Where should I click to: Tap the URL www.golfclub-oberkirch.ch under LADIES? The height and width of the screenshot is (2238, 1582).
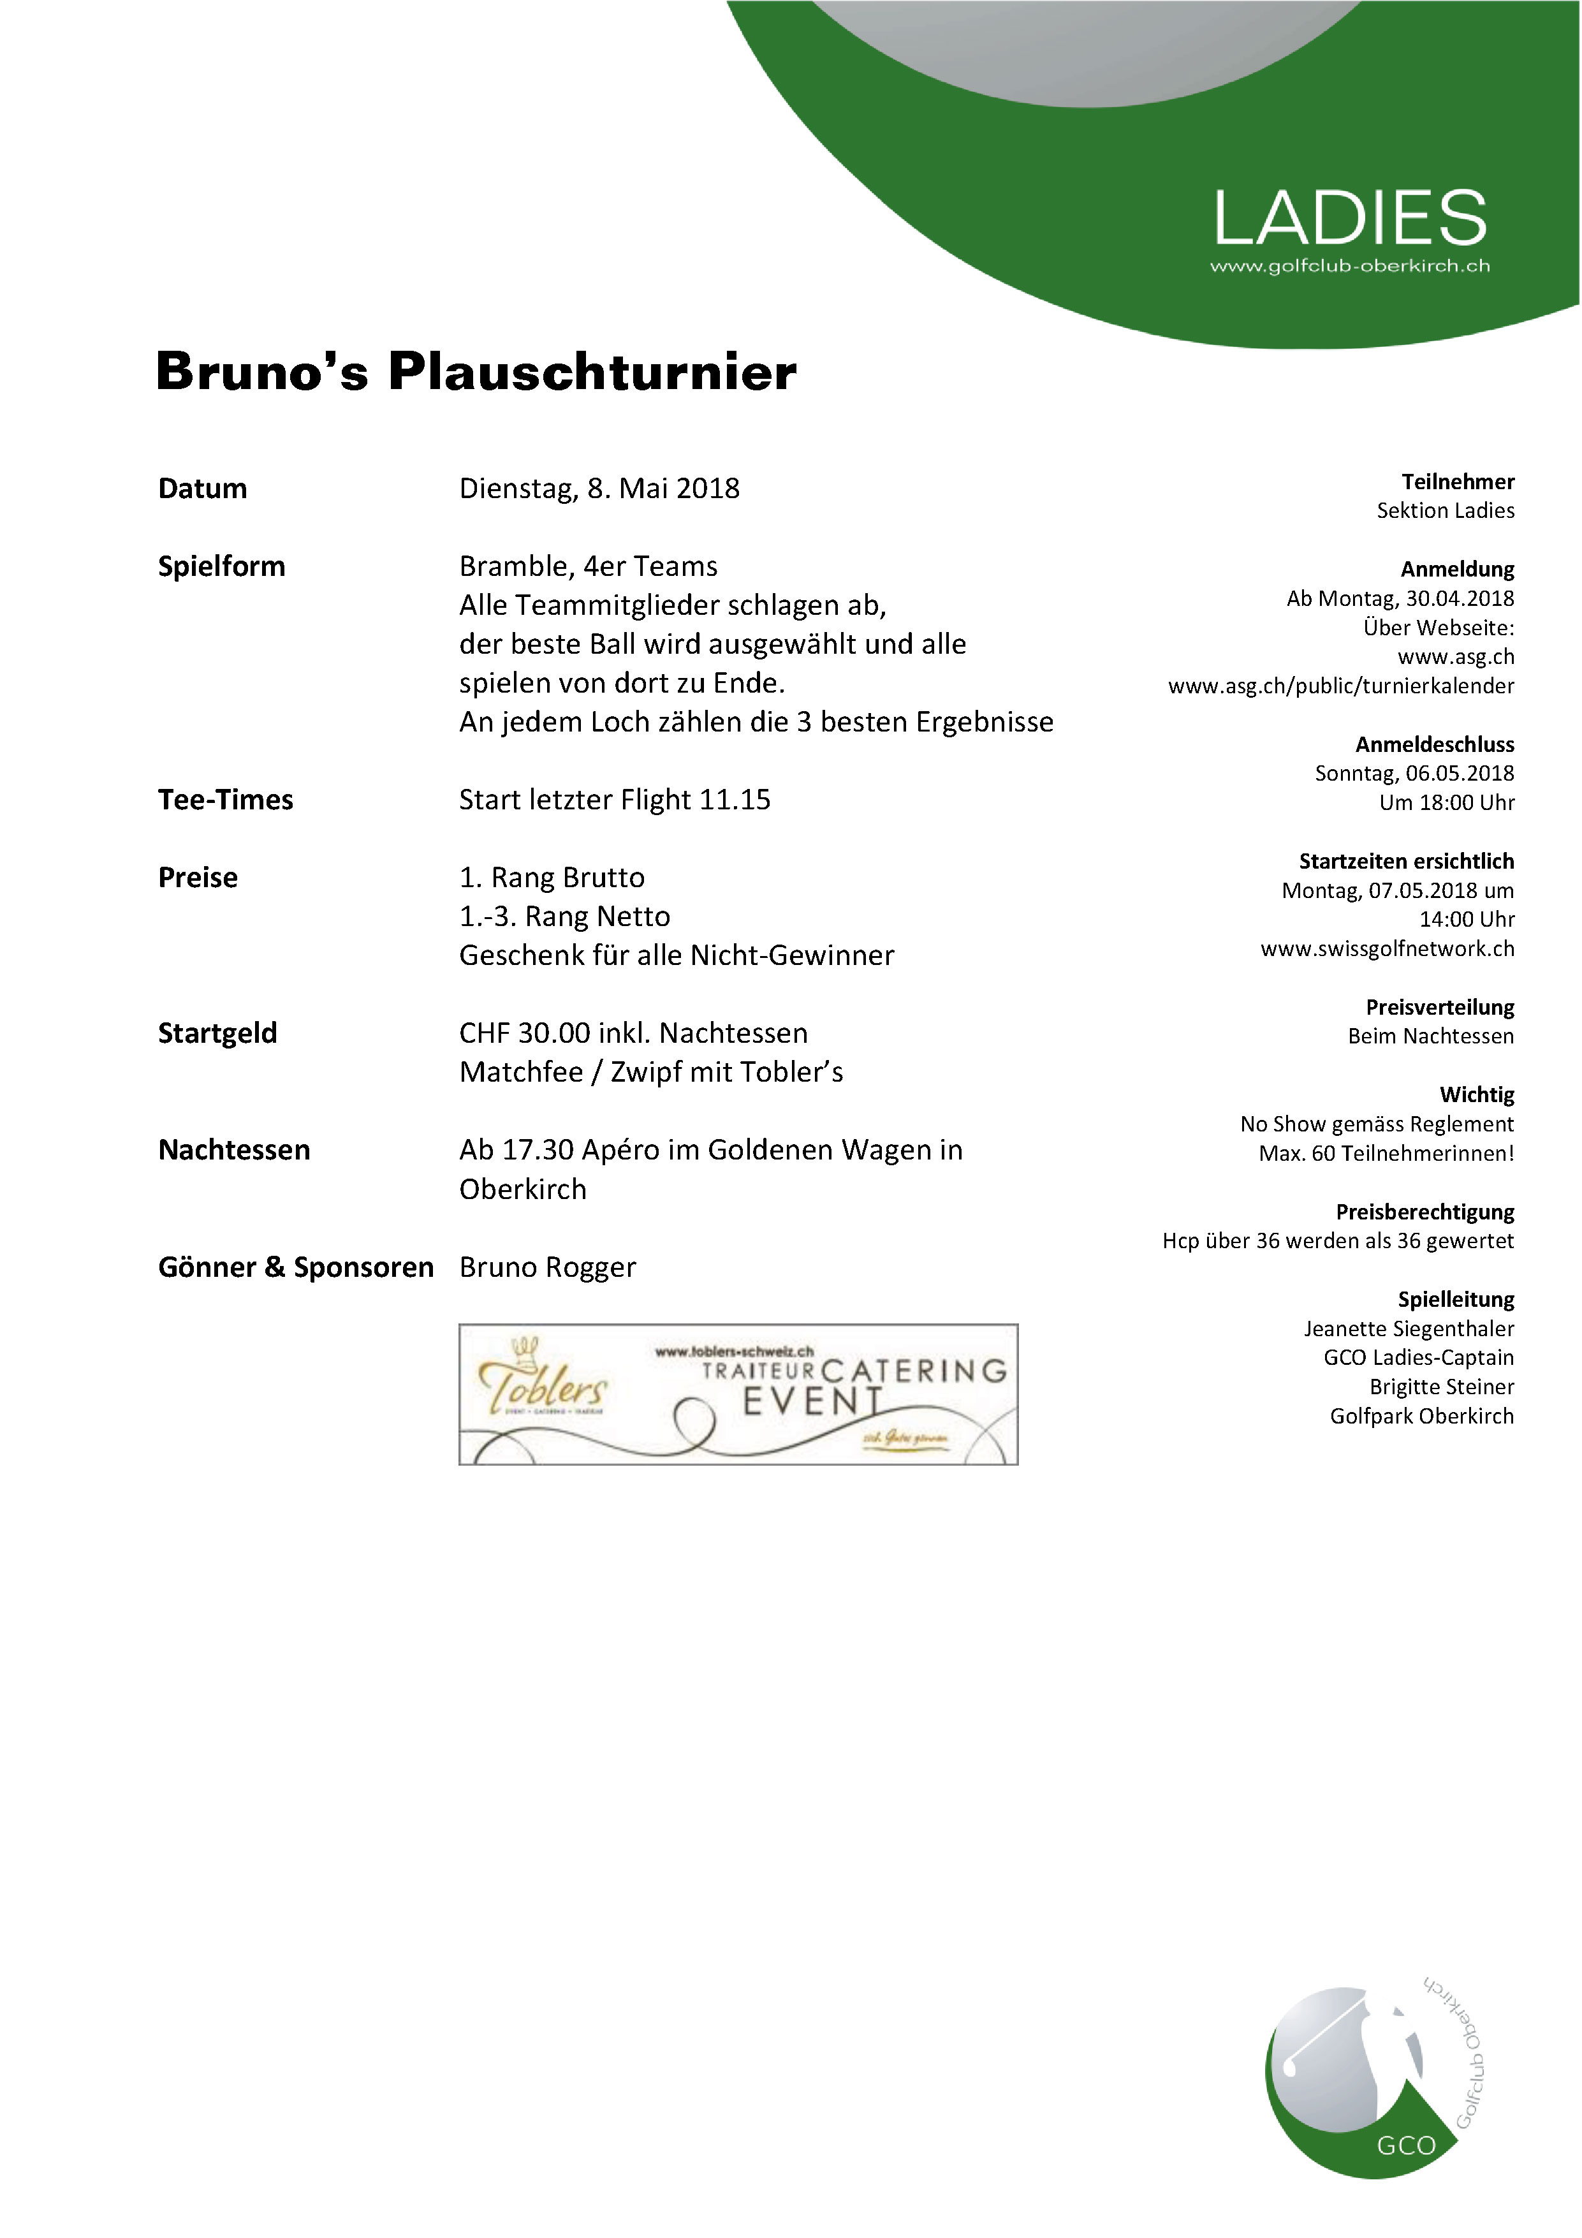click(x=1349, y=265)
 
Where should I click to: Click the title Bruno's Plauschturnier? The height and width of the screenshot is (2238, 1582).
click(x=476, y=371)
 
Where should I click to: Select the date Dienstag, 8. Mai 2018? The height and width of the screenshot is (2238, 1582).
click(x=599, y=489)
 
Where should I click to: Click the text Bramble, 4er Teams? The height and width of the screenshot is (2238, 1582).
click(x=588, y=566)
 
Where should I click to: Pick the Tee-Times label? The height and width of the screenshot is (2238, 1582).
click(x=225, y=799)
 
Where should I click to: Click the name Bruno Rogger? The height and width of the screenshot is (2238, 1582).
click(x=547, y=1267)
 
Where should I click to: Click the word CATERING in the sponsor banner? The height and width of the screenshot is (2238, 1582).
click(x=913, y=1371)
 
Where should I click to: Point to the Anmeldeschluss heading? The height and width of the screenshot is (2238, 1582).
click(x=1434, y=745)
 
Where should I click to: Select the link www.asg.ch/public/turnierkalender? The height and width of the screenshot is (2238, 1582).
click(x=1340, y=686)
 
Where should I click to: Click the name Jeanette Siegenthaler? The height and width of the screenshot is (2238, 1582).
click(x=1409, y=1329)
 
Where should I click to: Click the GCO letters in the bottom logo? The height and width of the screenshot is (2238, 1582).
click(x=1405, y=2146)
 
